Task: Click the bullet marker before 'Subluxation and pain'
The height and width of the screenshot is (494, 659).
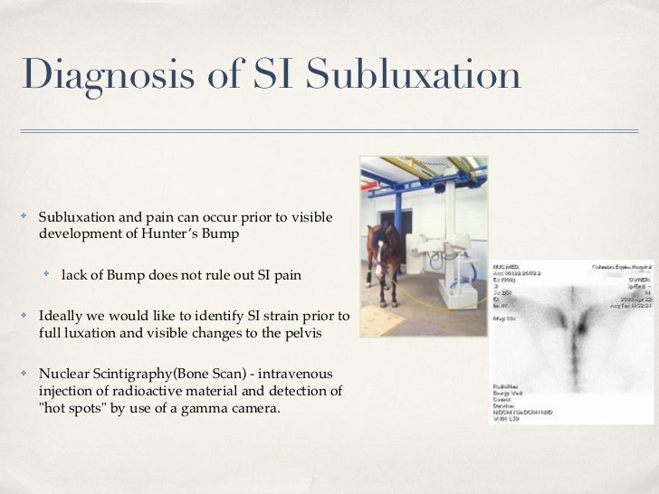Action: [x=25, y=217]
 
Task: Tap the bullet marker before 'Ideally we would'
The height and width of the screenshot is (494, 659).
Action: [x=25, y=316]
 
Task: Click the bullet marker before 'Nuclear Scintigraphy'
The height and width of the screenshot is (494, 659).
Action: [x=25, y=373]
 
